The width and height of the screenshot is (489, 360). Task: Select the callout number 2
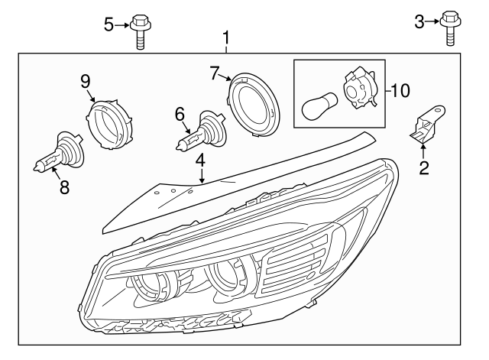tap(423, 167)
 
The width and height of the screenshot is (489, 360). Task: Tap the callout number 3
tap(419, 21)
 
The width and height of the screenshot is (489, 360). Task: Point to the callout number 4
tap(200, 161)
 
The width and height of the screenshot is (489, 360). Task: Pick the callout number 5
tap(108, 24)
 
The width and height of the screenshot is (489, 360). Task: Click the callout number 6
tap(180, 115)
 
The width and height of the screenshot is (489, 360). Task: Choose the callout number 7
tap(215, 73)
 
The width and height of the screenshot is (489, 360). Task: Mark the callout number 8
tap(64, 187)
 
